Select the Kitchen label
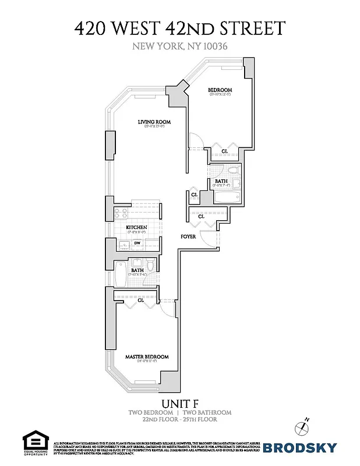pyautogui.click(x=136, y=227)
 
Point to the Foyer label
pyautogui.click(x=187, y=237)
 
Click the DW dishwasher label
pyautogui.click(x=138, y=244)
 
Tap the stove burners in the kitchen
pyautogui.click(x=121, y=213)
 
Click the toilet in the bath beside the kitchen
pyautogui.click(x=150, y=266)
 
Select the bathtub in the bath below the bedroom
pyautogui.click(x=223, y=197)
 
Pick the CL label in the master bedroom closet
pyautogui.click(x=142, y=300)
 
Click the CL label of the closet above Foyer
pyautogui.click(x=202, y=217)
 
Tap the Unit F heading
pyautogui.click(x=179, y=403)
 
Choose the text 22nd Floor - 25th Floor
pyautogui.click(x=180, y=419)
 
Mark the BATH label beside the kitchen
pyautogui.click(x=137, y=270)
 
